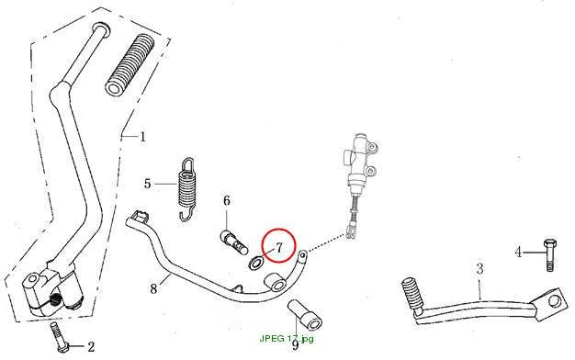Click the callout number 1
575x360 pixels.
(142, 137)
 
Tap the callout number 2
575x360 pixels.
(91, 346)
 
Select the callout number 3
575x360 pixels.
(479, 269)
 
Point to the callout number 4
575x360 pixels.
(518, 253)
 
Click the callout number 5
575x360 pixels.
(147, 184)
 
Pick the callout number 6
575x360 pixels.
(227, 200)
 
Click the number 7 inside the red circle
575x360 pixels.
(279, 248)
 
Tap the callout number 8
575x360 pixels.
(153, 289)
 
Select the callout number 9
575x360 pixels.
(295, 345)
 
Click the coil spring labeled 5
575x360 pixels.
(187, 189)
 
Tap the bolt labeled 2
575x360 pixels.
(61, 337)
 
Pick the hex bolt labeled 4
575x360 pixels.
(549, 254)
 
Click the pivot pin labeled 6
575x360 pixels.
(233, 242)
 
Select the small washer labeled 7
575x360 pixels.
(255, 263)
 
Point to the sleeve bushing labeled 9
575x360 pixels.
(305, 315)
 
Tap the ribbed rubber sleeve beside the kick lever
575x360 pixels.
(130, 65)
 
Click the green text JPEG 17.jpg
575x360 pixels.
(287, 338)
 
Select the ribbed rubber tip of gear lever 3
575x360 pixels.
(412, 295)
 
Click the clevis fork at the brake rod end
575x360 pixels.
(352, 231)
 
